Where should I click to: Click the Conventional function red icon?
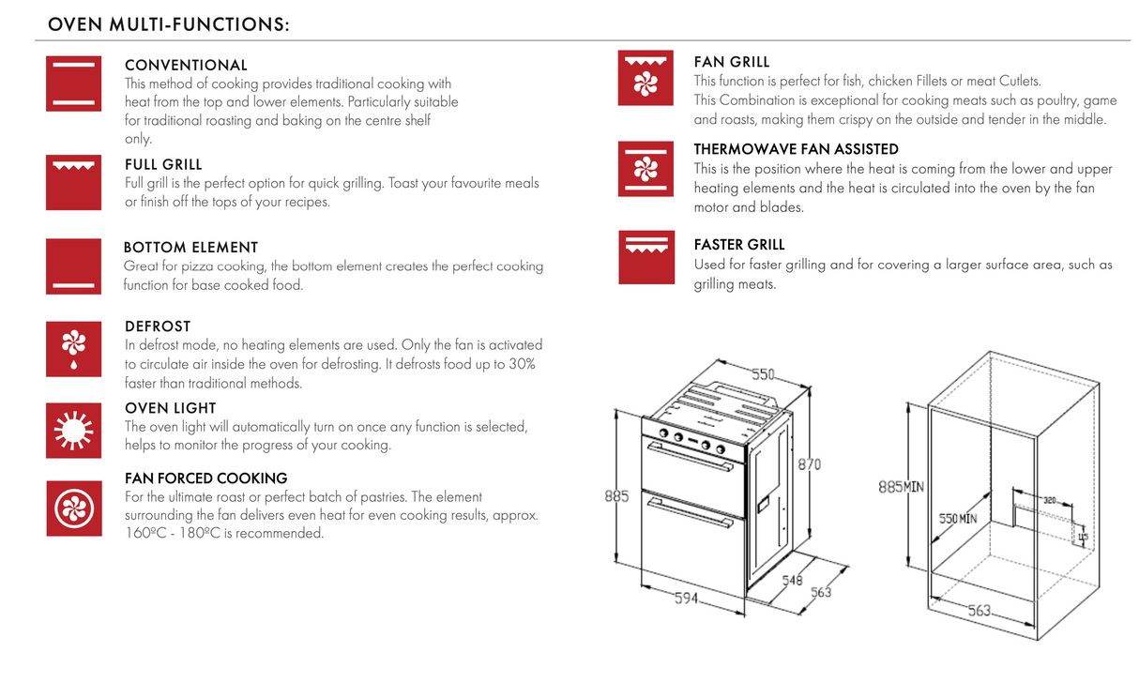coord(73,83)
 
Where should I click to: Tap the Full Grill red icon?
coord(73,182)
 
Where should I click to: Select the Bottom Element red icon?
coord(73,266)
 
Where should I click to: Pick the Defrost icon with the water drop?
coord(73,348)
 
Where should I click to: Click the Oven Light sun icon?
coord(73,430)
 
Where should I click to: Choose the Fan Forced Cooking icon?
coord(73,508)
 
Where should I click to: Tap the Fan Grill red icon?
coord(645,78)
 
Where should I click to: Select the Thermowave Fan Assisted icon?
coord(645,169)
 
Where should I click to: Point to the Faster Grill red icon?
coord(645,257)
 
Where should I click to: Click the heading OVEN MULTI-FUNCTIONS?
coord(168,24)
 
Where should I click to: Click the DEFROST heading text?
coord(158,326)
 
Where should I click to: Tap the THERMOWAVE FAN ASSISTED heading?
coord(796,149)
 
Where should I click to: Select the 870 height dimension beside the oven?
coord(810,464)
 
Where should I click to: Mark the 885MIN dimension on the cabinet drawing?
coord(901,487)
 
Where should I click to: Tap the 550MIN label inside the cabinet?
coord(958,518)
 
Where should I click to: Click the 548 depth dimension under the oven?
coord(792,581)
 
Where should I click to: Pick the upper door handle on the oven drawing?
coord(690,457)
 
